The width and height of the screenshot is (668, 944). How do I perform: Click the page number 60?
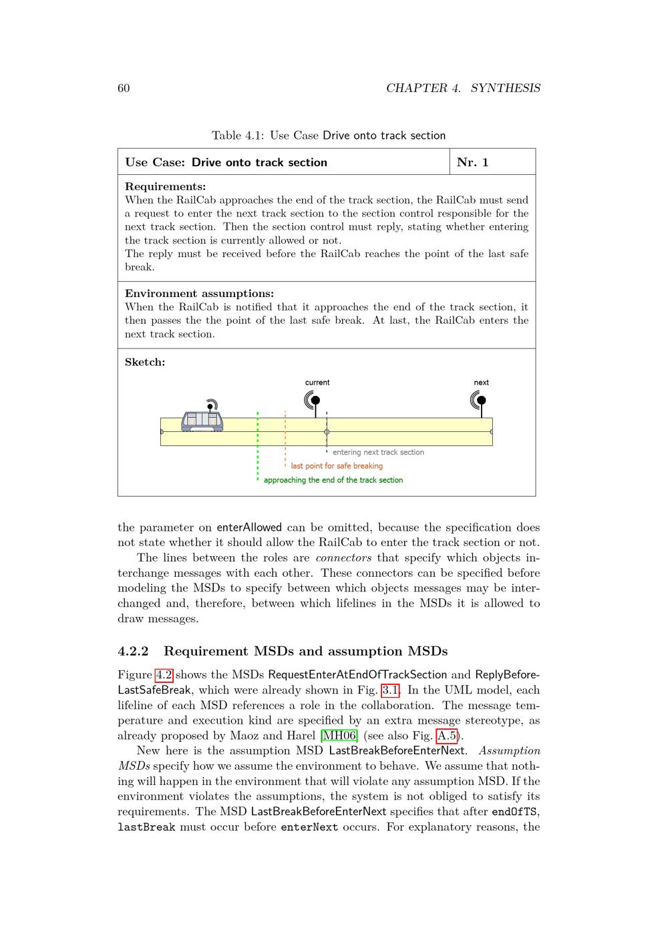coord(124,88)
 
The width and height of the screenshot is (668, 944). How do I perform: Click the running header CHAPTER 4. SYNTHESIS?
coord(463,88)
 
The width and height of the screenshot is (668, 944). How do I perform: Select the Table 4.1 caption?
coord(328,136)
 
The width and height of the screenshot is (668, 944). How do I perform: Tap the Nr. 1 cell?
coord(473,162)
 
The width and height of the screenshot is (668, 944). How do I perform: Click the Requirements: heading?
coord(165,187)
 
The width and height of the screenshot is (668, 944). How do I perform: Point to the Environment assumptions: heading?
coord(199,294)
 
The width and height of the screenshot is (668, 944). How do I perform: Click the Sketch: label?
coord(145,363)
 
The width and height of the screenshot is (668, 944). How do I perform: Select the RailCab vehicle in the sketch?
coord(202,420)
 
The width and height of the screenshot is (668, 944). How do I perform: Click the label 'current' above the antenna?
coord(317,383)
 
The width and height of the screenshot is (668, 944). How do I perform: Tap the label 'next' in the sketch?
coord(481,383)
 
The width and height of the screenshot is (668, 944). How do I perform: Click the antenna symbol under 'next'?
coord(479,401)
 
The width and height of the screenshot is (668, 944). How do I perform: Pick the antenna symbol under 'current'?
coord(313,401)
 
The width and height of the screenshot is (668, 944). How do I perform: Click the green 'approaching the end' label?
coord(333,480)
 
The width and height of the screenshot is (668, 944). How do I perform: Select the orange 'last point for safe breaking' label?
coord(337,466)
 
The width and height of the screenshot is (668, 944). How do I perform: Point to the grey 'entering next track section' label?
coord(378,452)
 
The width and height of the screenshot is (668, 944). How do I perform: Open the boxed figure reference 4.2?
coord(164,675)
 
